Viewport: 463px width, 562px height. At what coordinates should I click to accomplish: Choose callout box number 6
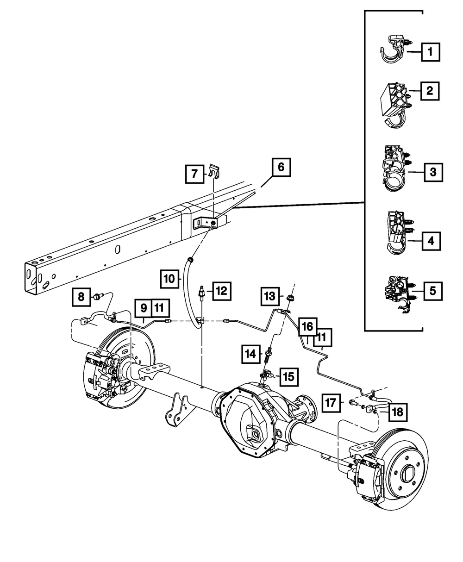281,168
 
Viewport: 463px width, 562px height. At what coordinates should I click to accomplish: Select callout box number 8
81,296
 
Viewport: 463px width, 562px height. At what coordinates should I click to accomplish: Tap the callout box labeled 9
144,307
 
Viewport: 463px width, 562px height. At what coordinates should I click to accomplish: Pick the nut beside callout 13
290,298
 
